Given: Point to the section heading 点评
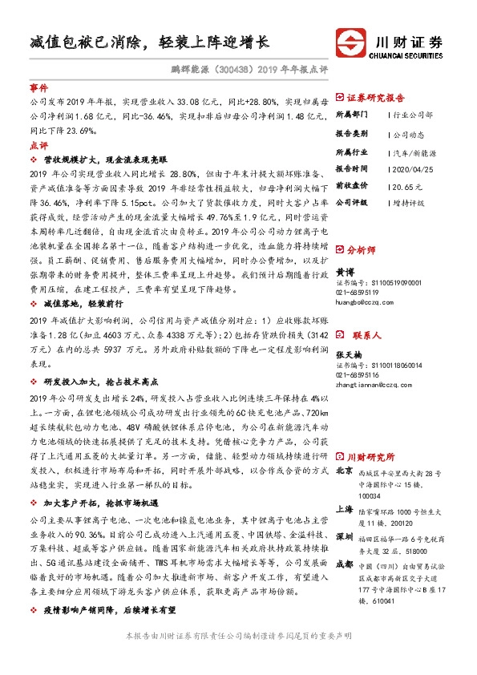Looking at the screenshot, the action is coord(38,146).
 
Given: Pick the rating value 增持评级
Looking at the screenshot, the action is coord(409,203).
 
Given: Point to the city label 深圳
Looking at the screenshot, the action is coord(343,534).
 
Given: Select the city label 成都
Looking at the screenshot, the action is coord(343,564).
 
